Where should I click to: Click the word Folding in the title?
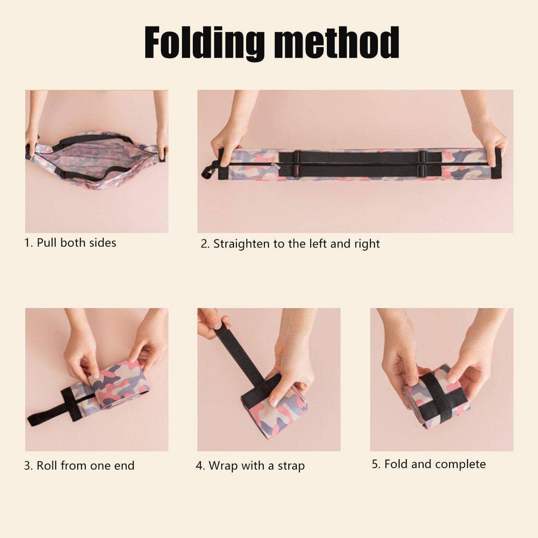[204, 43]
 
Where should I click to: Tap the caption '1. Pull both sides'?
[70, 243]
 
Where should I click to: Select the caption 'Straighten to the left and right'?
[296, 244]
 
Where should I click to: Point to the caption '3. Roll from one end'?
[79, 465]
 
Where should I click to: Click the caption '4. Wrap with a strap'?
[250, 466]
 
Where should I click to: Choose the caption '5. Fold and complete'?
[429, 464]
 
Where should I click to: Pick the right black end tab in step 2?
[496, 164]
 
